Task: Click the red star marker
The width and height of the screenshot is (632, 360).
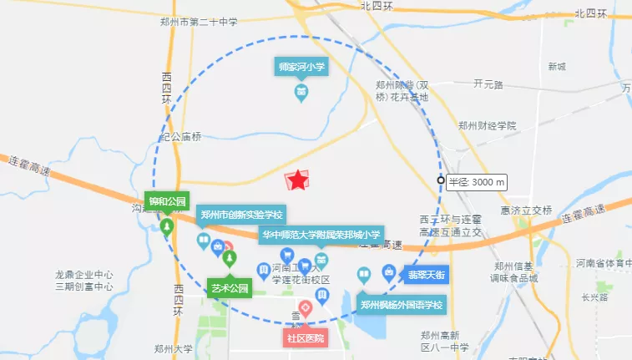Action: click(x=297, y=180)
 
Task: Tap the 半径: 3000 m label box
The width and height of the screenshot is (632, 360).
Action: click(x=477, y=181)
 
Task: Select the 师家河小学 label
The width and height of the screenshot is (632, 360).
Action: click(x=301, y=66)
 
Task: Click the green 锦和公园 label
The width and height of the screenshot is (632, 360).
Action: click(x=167, y=201)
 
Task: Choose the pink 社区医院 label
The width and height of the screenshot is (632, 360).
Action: click(x=305, y=338)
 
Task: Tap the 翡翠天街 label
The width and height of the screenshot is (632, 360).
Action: click(x=428, y=272)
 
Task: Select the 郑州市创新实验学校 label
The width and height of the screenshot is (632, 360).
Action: click(x=241, y=215)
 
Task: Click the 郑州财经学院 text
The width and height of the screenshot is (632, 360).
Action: click(x=487, y=125)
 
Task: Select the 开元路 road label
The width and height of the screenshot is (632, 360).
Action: click(x=488, y=84)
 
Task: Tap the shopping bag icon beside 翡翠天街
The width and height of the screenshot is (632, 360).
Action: click(x=389, y=272)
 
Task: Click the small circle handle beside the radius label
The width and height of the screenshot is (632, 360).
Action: click(x=441, y=180)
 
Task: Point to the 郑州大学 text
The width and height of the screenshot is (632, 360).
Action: click(x=173, y=348)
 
